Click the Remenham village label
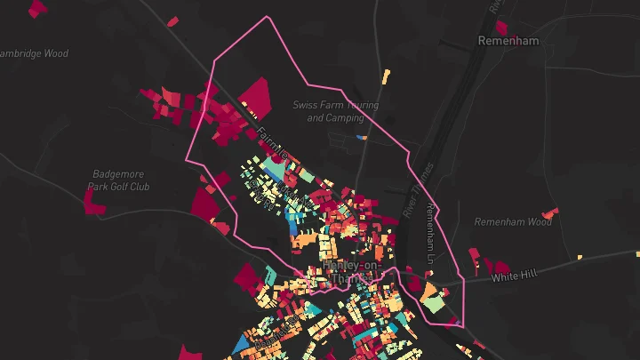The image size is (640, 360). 509,41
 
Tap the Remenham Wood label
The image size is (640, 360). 513,221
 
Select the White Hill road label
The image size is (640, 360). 515,276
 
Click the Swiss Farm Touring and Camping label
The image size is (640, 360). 335,111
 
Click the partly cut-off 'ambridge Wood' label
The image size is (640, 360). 34,53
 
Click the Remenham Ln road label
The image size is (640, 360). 430,233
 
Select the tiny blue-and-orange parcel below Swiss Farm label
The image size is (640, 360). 360,137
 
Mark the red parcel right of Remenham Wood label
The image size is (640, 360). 550,213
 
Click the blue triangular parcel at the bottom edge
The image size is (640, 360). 242,347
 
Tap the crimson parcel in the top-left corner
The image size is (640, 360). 37,9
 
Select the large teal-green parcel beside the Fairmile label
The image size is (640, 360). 289,172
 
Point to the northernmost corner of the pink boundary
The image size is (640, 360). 267,18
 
